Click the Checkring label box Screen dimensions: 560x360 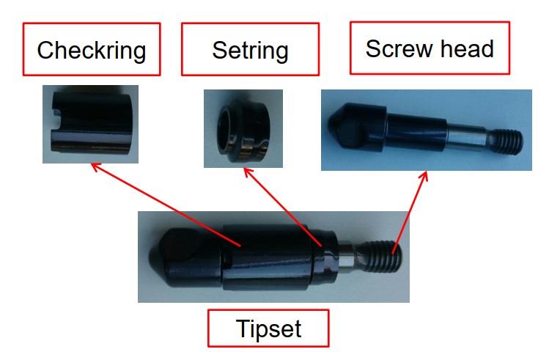coord(92,49)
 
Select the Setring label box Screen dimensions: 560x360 coord(250,49)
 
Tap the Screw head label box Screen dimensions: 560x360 coord(430,48)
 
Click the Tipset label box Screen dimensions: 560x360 coord(268,328)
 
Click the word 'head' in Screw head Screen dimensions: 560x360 coord(467,48)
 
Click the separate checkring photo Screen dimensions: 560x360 coord(90,125)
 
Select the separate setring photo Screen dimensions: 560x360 coord(243,128)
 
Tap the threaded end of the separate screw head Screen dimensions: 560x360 coord(505,142)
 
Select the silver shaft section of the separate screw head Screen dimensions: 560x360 coord(466,136)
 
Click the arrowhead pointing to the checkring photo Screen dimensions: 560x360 coord(96,166)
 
